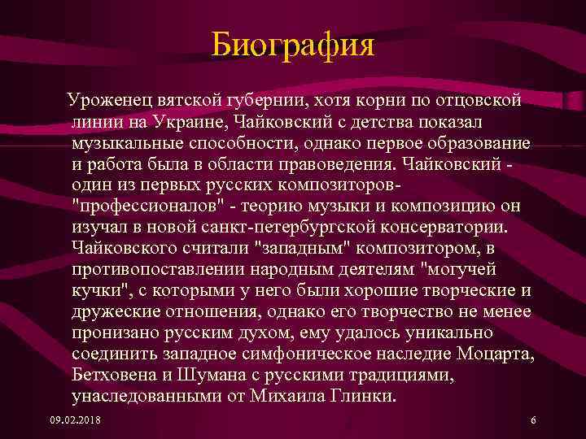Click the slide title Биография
tap(292, 45)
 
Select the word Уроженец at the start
tap(109, 100)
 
